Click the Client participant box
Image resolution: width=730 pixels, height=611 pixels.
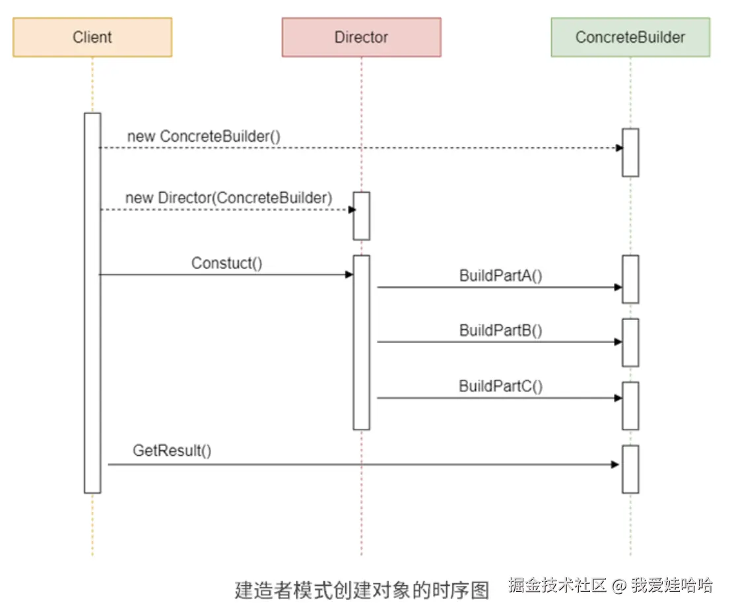tap(92, 37)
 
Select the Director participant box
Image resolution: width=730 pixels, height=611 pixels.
tap(361, 37)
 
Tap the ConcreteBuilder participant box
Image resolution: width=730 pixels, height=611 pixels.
tap(630, 37)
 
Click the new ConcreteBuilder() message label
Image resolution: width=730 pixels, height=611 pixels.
tap(204, 137)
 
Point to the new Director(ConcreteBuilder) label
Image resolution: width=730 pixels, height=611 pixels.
tap(228, 198)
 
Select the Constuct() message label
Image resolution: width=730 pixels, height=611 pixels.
tap(227, 263)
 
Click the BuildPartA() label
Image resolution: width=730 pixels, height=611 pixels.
tap(501, 276)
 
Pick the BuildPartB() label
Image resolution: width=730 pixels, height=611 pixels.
tap(501, 331)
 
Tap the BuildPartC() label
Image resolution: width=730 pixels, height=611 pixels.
tap(501, 386)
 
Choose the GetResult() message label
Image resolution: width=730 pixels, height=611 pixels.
tap(172, 451)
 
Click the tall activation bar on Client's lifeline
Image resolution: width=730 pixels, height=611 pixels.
tap(92, 303)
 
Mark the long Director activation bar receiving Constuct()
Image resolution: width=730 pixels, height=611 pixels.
tap(361, 342)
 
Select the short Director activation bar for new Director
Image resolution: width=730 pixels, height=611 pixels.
tap(361, 216)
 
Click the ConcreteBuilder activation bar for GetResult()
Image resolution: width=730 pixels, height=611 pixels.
tap(630, 469)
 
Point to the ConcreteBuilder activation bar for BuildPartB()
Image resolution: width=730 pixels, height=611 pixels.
tap(630, 342)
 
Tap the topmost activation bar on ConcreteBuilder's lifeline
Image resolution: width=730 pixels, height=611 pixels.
tap(630, 152)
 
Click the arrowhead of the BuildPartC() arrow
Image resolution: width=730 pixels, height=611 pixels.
tap(618, 398)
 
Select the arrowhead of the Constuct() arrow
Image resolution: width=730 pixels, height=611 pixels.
tap(349, 274)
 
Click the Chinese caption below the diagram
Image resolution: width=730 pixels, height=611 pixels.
tap(362, 589)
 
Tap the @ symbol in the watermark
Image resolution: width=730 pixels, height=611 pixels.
tap(618, 585)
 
